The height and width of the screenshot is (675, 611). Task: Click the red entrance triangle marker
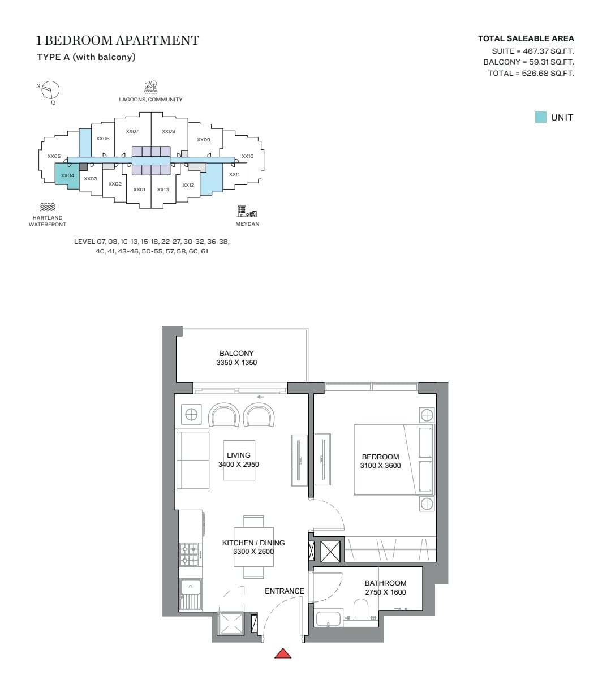click(x=283, y=653)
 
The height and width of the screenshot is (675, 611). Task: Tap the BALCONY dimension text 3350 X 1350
click(x=236, y=363)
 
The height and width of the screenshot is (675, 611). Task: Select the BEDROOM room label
click(x=380, y=457)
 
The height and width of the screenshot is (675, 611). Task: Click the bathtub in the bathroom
click(x=329, y=618)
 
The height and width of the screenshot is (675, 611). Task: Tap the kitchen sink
click(x=190, y=586)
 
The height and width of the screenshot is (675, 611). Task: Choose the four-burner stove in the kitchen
click(x=190, y=554)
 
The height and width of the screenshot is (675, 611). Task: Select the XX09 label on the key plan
click(x=204, y=140)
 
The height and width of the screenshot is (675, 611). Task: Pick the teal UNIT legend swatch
click(x=540, y=117)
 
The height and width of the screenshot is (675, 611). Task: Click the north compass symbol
click(x=50, y=91)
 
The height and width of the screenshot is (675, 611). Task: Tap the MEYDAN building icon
click(x=247, y=212)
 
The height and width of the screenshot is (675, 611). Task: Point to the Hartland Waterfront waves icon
click(x=48, y=207)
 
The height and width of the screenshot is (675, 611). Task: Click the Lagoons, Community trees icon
click(x=150, y=87)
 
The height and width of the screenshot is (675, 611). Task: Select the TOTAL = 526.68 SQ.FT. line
click(x=531, y=73)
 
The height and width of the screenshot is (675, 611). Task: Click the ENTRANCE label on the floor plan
click(x=284, y=591)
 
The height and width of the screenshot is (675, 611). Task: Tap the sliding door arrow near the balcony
click(x=260, y=397)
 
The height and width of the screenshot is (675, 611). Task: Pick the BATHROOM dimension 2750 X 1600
click(x=385, y=592)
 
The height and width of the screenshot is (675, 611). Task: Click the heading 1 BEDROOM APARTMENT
click(x=118, y=41)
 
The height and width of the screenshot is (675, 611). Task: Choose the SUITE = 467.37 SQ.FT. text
click(x=533, y=51)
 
